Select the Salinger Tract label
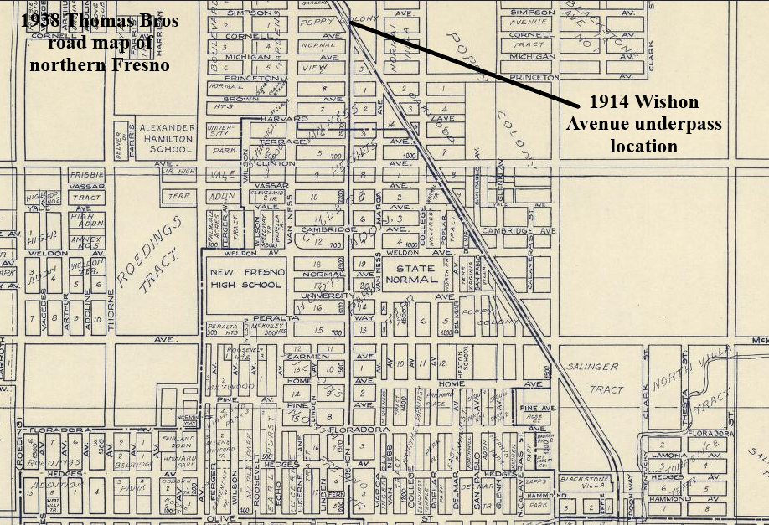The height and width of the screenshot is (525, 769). pyautogui.click(x=595, y=378)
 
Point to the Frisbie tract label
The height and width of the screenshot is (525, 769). pyautogui.click(x=85, y=174)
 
